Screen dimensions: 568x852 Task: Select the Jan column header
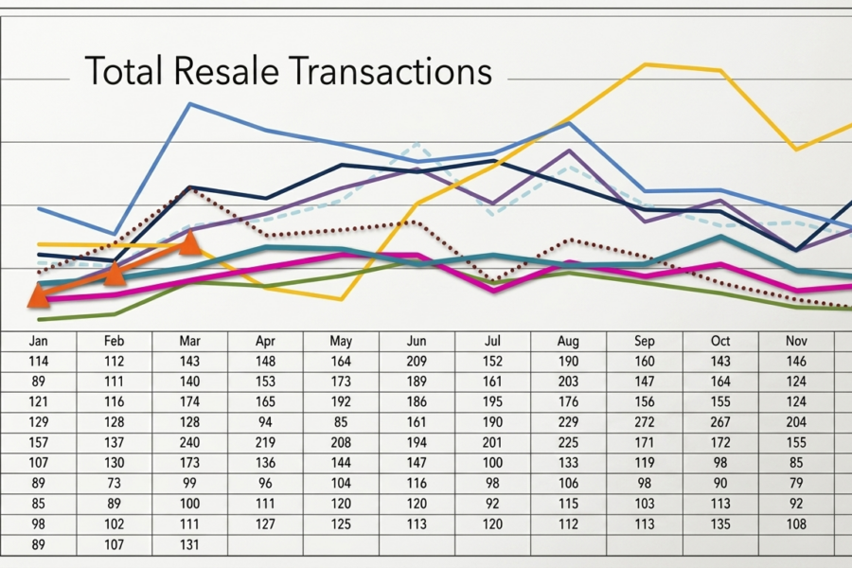tap(38, 341)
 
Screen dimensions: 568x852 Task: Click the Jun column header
tap(417, 341)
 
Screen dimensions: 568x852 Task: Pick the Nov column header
tap(796, 341)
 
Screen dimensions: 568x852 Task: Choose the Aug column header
tap(568, 341)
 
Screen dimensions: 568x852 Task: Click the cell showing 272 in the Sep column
tap(645, 422)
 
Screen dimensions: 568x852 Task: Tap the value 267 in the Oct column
tap(720, 422)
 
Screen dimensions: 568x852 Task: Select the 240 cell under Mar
tap(189, 442)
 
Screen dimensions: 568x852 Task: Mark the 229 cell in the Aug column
tap(568, 422)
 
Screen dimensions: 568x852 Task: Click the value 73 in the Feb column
tap(114, 484)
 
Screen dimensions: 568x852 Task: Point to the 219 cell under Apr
tap(265, 442)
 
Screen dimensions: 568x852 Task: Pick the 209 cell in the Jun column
tap(417, 361)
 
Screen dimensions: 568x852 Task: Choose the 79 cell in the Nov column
tap(796, 484)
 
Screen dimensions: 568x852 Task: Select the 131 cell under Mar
tap(189, 544)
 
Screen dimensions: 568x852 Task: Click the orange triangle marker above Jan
tap(38, 295)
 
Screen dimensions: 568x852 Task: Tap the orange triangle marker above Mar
tap(190, 243)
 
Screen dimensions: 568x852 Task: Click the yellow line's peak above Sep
tap(646, 64)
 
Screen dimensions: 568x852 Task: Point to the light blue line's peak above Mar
tap(191, 103)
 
